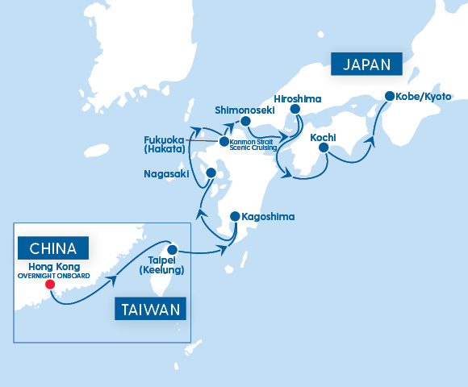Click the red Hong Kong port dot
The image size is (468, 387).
click(x=50, y=284)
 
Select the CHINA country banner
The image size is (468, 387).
click(x=53, y=248)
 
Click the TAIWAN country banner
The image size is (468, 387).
click(x=151, y=310)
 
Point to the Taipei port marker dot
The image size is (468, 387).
click(x=171, y=248)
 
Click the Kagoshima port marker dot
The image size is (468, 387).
click(x=235, y=217)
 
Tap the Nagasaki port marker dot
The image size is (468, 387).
click(x=211, y=173)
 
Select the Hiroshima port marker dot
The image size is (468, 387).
click(x=295, y=110)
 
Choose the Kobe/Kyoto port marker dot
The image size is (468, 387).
click(x=390, y=96)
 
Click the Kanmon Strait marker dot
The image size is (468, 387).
click(x=224, y=141)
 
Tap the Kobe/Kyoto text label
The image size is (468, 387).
click(x=424, y=96)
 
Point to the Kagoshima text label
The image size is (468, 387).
click(x=268, y=217)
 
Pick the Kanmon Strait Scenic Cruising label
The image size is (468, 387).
click(x=253, y=145)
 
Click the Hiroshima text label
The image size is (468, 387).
click(x=298, y=98)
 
